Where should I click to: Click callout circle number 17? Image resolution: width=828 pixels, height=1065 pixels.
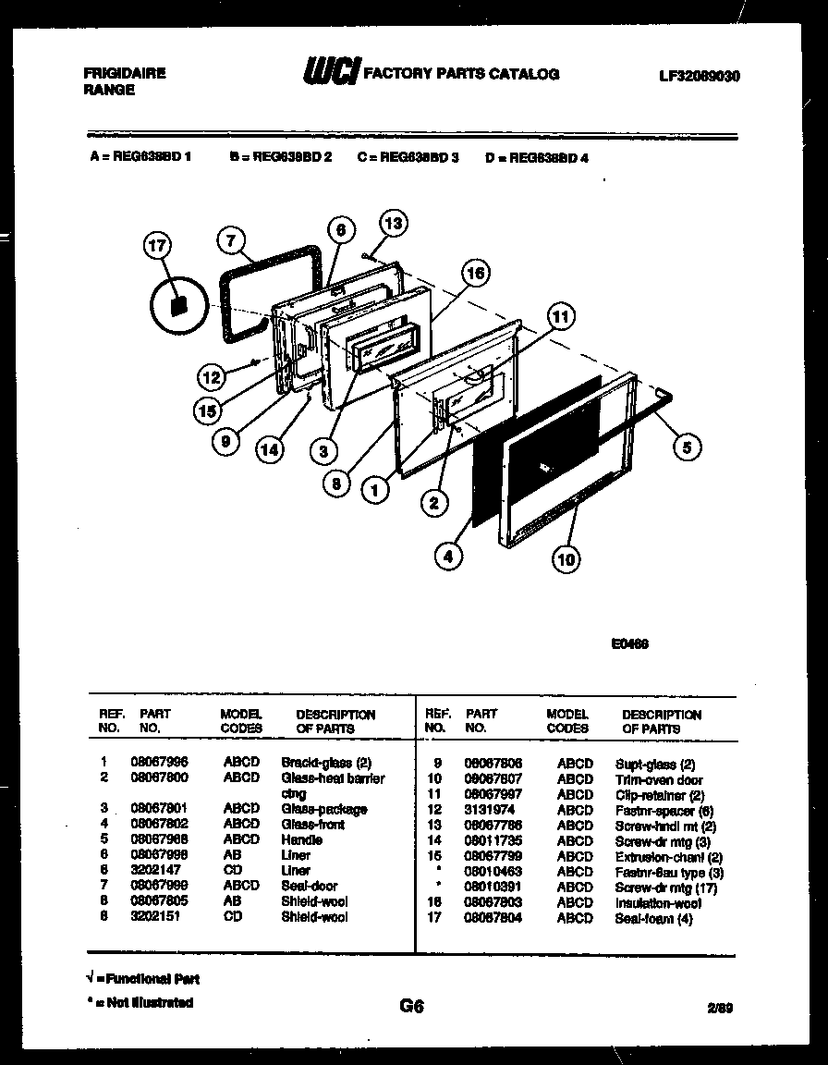(x=159, y=246)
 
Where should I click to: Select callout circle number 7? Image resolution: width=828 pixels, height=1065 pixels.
(x=231, y=239)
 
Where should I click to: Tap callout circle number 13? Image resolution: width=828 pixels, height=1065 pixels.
(x=394, y=223)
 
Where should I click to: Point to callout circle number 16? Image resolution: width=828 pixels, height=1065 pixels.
(x=475, y=273)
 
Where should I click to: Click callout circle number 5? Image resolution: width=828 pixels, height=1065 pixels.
(x=687, y=447)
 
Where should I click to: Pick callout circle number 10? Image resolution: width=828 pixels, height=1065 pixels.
(x=566, y=557)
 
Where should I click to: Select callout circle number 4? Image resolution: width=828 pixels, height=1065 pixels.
(x=448, y=557)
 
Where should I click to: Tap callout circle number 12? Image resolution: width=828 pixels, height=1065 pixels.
(x=212, y=376)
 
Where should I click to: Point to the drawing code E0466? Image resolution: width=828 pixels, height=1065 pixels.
(x=629, y=645)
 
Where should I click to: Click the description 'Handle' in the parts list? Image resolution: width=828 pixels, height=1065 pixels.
(x=301, y=840)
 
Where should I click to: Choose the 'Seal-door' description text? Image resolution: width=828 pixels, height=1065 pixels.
(x=309, y=886)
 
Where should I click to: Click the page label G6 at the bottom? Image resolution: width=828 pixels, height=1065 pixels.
(x=411, y=1007)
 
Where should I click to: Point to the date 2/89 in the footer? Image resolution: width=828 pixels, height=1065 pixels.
(x=722, y=1009)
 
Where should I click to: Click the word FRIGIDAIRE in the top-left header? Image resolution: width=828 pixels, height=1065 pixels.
(x=125, y=73)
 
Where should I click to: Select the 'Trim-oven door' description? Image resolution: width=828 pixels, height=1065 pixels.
(x=658, y=780)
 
